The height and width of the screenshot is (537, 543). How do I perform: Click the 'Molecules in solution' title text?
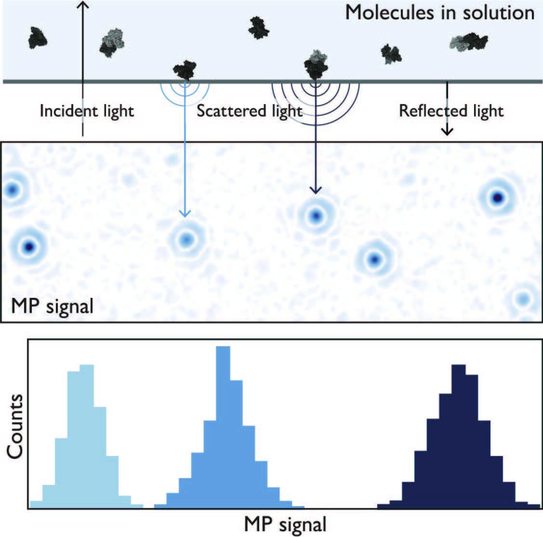[x=439, y=13]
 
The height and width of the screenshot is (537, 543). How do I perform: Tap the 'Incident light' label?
[x=87, y=111]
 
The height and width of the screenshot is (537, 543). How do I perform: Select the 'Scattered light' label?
[x=250, y=111]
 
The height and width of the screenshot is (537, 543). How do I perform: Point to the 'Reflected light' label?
[x=451, y=111]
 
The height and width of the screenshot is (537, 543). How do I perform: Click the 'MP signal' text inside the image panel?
[x=52, y=306]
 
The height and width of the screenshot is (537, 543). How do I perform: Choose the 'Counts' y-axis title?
[x=15, y=427]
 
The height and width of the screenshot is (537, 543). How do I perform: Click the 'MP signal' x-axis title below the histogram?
[x=285, y=524]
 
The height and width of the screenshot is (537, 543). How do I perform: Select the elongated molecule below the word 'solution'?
[x=468, y=42]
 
